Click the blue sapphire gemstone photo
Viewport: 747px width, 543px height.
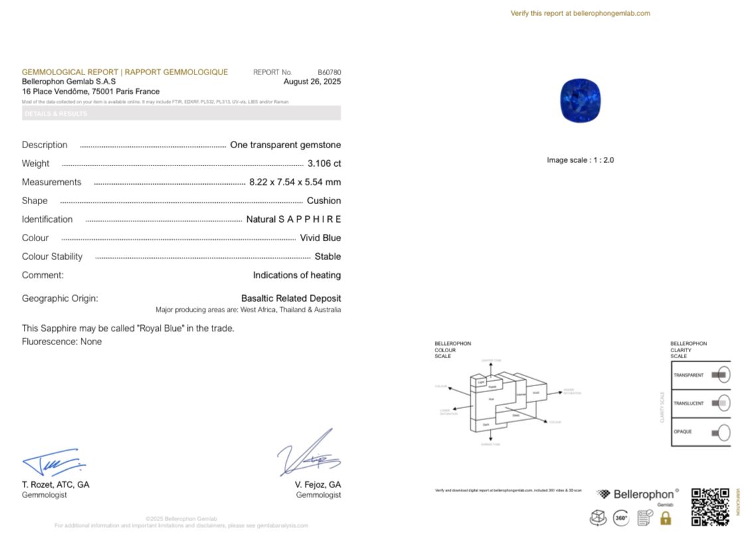(x=580, y=100)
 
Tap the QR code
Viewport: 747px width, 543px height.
(x=710, y=506)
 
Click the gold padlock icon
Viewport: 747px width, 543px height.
(x=665, y=518)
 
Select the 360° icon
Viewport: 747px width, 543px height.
(x=621, y=518)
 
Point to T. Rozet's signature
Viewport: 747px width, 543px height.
(x=53, y=462)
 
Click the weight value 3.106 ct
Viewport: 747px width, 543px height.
(x=324, y=163)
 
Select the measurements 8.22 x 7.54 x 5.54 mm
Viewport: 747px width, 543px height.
(x=295, y=182)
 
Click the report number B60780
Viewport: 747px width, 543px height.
(x=329, y=72)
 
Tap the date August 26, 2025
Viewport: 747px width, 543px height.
(x=311, y=82)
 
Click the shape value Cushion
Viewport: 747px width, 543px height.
(x=323, y=201)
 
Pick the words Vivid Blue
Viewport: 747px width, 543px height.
(x=320, y=238)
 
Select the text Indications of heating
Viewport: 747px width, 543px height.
(x=296, y=275)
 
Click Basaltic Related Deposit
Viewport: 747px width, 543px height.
(x=291, y=298)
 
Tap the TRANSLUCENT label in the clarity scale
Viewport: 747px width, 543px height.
(x=688, y=403)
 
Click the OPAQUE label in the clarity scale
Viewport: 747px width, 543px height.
(x=683, y=432)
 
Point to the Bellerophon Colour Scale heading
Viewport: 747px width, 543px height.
(x=453, y=350)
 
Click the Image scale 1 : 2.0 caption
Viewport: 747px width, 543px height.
(x=580, y=160)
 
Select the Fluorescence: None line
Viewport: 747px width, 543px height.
(x=62, y=342)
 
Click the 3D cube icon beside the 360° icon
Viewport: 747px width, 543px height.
(x=598, y=518)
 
